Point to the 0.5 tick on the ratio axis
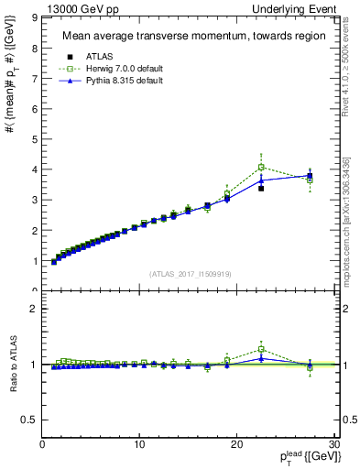30,420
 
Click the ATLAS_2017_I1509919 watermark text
189,273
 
